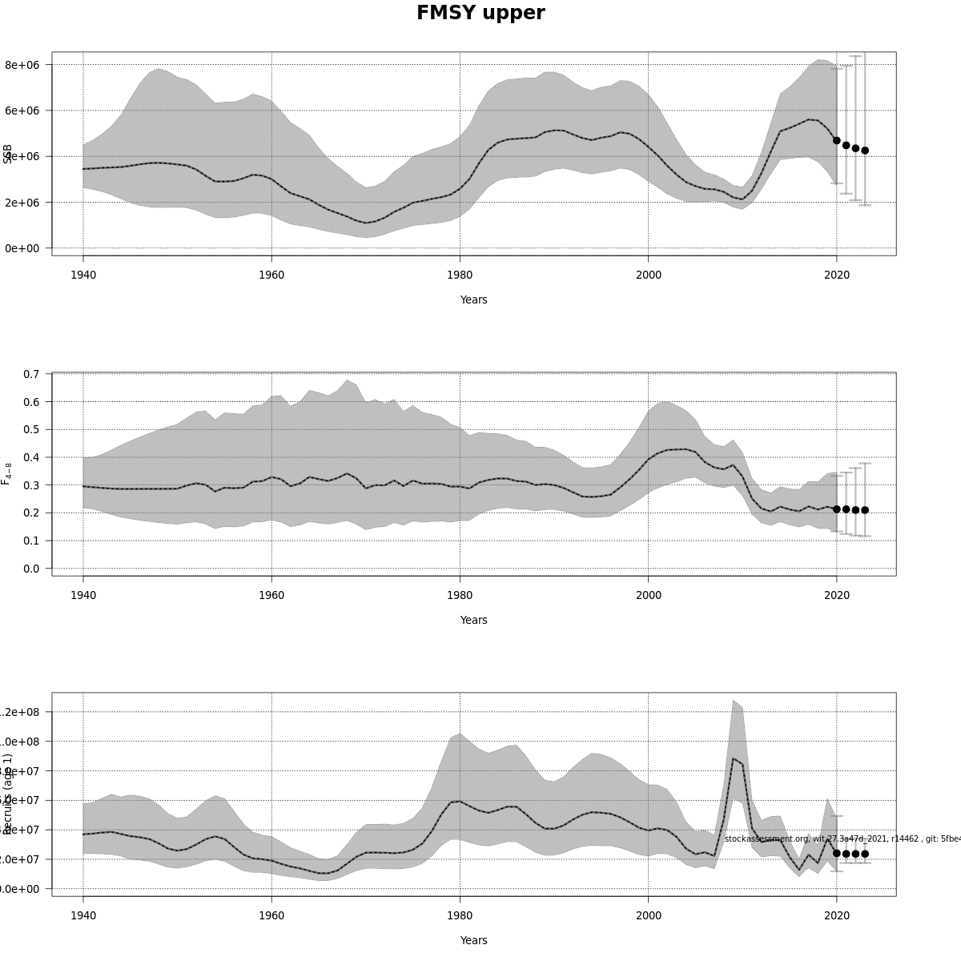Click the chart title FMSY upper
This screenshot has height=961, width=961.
(480, 14)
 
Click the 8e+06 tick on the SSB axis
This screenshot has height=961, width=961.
(22, 65)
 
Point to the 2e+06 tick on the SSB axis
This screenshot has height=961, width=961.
(22, 203)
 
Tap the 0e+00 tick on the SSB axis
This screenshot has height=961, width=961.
(22, 248)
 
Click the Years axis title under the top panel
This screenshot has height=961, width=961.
(473, 300)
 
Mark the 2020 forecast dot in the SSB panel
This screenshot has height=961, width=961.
(837, 140)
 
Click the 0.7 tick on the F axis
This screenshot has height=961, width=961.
(32, 374)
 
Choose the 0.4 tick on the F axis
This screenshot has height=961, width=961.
(32, 457)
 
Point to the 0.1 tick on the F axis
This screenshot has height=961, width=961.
(32, 541)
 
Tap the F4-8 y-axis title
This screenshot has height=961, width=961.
(6, 473)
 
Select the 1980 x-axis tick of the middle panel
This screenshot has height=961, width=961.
(460, 595)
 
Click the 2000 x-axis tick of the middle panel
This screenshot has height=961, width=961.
(649, 595)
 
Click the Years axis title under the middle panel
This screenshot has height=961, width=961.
(473, 621)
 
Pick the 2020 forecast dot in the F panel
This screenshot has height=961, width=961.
(837, 509)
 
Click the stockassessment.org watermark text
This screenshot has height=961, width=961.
(841, 838)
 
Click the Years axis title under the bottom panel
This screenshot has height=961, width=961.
(473, 941)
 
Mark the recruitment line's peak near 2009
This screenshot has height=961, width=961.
(733, 758)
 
